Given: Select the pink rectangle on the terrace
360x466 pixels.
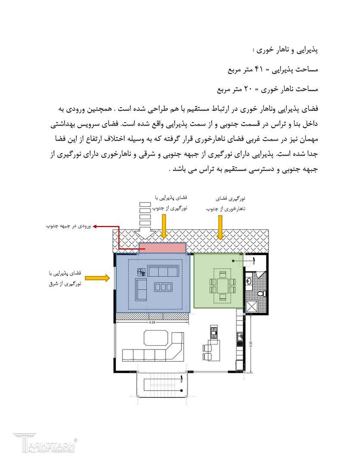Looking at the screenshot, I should [x=163, y=248].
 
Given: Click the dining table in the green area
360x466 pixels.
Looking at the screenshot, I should [x=222, y=286].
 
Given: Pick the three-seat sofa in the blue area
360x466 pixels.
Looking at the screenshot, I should [x=163, y=272].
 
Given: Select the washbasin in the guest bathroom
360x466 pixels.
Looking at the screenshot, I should [x=249, y=281].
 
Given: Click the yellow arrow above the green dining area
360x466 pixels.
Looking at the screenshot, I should [x=220, y=227].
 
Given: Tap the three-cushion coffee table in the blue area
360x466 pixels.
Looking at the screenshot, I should [x=163, y=287].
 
